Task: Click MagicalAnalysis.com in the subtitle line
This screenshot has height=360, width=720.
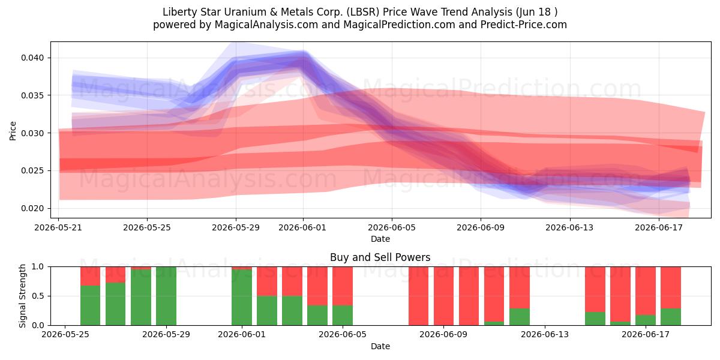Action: (266, 25)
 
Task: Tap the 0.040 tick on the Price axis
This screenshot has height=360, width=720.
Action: (32, 58)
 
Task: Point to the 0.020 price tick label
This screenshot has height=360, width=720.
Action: (32, 208)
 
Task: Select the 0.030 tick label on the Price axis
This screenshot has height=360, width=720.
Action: (32, 133)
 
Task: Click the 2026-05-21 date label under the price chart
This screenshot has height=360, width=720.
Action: (58, 227)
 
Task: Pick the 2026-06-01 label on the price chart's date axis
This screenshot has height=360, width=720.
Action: (302, 227)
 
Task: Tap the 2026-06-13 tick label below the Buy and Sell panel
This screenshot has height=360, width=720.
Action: (545, 335)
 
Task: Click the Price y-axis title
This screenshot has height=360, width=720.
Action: (13, 131)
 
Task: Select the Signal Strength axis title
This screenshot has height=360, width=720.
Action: (22, 296)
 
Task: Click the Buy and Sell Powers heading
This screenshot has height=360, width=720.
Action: (380, 257)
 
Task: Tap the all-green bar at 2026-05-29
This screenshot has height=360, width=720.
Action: (166, 296)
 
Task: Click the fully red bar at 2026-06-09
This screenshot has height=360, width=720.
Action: (443, 296)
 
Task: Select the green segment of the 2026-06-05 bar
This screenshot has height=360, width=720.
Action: (343, 316)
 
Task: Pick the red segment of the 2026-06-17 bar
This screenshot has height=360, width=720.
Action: (646, 291)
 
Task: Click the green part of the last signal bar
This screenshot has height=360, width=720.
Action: (671, 317)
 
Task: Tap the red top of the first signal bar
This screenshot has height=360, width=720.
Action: (91, 276)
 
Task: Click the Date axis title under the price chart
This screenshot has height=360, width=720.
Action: (380, 239)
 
